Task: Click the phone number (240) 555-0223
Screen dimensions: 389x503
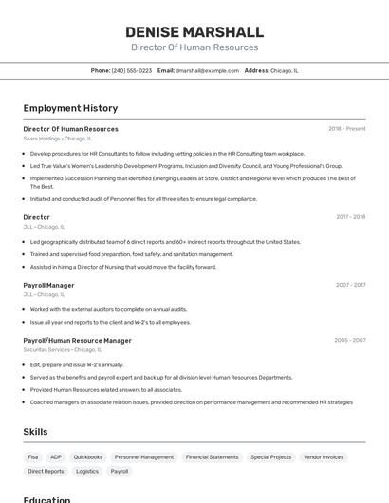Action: [x=131, y=70]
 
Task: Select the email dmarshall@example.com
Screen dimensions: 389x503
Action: [x=207, y=70]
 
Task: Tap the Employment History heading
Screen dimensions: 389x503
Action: [x=70, y=108]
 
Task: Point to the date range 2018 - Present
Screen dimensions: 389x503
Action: [x=346, y=129]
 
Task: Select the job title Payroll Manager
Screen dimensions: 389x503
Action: [x=48, y=285]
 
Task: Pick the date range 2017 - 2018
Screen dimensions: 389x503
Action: [x=350, y=217]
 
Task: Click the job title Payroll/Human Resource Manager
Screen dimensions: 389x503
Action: [x=77, y=340]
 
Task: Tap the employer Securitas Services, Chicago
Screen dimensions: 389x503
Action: [x=62, y=349]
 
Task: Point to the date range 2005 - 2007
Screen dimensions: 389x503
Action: [x=349, y=340]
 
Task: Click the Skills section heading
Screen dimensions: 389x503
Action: [x=35, y=432]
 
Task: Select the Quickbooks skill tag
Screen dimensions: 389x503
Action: [x=87, y=457]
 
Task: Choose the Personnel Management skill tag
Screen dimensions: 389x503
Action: [x=144, y=457]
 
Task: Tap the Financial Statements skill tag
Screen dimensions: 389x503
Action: [x=212, y=457]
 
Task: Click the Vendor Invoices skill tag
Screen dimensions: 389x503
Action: [x=324, y=457]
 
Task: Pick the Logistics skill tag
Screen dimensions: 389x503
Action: [x=87, y=471]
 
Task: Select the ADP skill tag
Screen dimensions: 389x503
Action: [x=56, y=457]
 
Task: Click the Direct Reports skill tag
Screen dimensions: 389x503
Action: [x=46, y=471]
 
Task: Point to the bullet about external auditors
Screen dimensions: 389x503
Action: [x=108, y=309]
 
